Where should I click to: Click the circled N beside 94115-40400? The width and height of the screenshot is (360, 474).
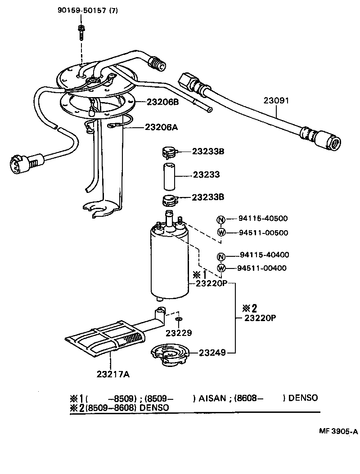(220, 255)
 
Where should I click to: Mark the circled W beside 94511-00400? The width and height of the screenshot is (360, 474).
(220, 268)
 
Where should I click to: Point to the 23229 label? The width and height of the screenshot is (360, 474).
(179, 333)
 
